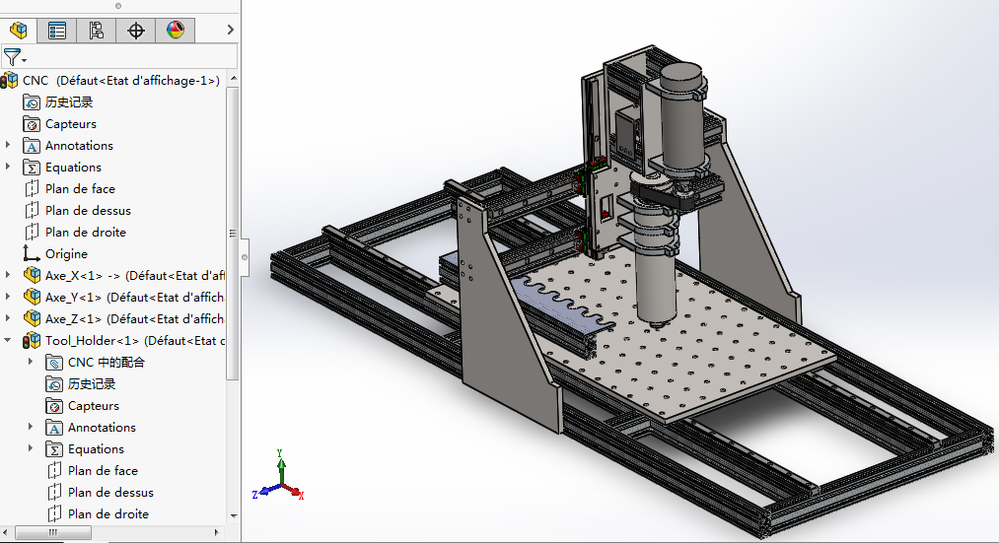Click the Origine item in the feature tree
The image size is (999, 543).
click(65, 253)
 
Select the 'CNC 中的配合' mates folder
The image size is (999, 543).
click(106, 362)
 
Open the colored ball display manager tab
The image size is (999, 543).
click(176, 31)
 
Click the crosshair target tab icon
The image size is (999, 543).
click(136, 31)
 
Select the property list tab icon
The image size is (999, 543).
click(57, 31)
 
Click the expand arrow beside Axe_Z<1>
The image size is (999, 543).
click(8, 318)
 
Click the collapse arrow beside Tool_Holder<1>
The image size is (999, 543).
click(8, 340)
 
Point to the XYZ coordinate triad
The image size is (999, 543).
click(281, 477)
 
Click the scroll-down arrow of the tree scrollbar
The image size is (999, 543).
click(234, 514)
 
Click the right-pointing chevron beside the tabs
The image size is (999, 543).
click(231, 31)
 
